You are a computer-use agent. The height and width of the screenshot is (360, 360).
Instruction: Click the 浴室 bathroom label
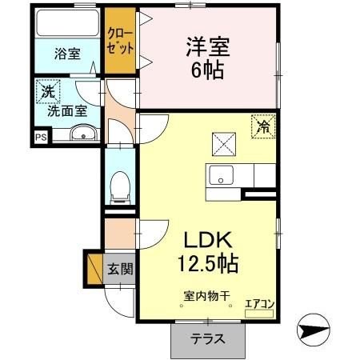click(x=67, y=54)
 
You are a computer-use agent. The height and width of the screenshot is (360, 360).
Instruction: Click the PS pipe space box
click(x=40, y=138)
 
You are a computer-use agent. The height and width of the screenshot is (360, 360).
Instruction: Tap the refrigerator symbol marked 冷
click(x=263, y=125)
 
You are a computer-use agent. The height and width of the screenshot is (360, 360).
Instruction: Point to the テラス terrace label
click(x=206, y=338)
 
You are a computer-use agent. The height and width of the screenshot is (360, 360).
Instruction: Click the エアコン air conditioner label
click(x=258, y=303)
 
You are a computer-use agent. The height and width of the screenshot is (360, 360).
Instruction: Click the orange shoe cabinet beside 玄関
click(x=94, y=268)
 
